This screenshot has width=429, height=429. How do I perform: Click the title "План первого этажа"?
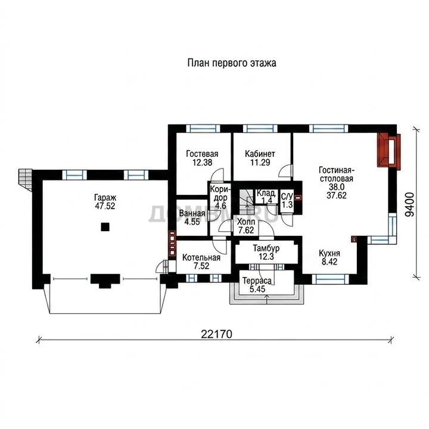pos(232,63)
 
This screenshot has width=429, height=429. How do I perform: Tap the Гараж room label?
pos(105,198)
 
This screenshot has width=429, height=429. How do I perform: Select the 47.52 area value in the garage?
pos(105,206)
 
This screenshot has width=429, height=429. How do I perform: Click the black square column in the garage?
pos(105,227)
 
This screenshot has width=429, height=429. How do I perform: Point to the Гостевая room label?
pos(202,154)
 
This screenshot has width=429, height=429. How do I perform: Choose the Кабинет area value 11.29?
pos(260,162)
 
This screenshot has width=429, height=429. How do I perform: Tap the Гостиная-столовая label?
pos(337,174)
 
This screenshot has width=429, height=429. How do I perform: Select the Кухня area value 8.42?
pos(329,262)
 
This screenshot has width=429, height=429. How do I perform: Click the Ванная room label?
pos(192,213)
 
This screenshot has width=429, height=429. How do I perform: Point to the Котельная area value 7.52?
pos(201,266)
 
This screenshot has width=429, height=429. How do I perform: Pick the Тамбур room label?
pos(266,248)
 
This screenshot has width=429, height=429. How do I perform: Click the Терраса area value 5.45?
pos(257,289)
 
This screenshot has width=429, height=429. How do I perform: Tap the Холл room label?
pos(246,222)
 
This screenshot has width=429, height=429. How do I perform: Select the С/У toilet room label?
pos(287,196)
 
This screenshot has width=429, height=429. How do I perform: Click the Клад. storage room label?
pos(266,193)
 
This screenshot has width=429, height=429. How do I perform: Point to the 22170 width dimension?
pos(216,334)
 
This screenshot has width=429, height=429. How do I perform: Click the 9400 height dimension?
pos(409,204)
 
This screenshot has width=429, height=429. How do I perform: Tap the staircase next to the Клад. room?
pos(246,201)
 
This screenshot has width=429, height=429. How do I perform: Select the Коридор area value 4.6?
pos(220,206)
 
